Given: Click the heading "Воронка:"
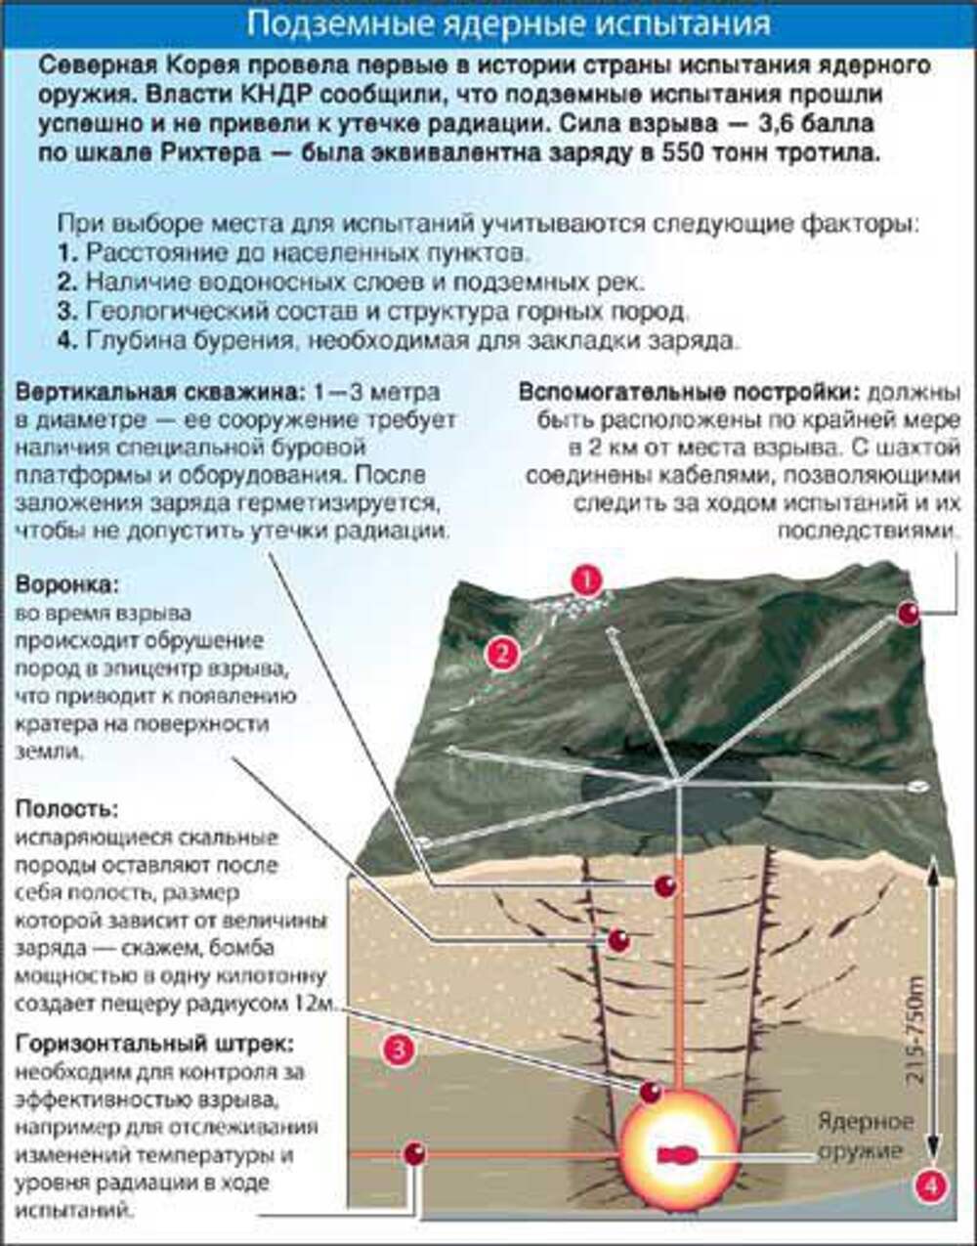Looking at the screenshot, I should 66,584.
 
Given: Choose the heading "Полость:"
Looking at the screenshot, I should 67,809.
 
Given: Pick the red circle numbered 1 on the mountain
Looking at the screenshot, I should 586,581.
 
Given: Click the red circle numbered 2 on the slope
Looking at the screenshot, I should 501,653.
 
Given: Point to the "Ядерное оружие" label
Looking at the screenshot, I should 867,1136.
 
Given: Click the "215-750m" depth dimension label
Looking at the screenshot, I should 915,1030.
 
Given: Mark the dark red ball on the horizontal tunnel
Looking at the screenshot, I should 416,1154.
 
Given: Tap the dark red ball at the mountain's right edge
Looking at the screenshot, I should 909,613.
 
